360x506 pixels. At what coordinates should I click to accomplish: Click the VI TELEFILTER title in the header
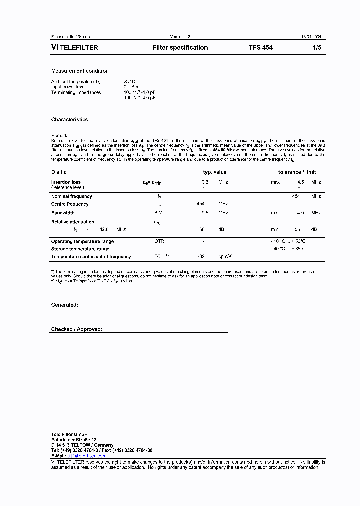click(75, 48)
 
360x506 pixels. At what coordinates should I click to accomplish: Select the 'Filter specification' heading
click(180, 48)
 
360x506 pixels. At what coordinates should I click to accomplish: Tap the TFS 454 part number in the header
click(261, 48)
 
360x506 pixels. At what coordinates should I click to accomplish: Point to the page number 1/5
click(317, 48)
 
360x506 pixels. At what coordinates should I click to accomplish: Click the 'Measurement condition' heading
click(80, 71)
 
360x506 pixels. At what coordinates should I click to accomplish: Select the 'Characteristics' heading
click(69, 120)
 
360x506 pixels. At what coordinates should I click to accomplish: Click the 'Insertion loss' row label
click(66, 182)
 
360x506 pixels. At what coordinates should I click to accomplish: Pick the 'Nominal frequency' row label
click(71, 196)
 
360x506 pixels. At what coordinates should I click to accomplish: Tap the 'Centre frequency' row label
click(70, 204)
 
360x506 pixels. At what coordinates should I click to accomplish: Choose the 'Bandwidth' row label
click(63, 213)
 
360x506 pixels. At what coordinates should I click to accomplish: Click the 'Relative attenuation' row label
click(72, 222)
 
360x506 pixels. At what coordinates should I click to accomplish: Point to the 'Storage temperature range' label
click(80, 249)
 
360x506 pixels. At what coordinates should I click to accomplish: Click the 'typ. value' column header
click(215, 172)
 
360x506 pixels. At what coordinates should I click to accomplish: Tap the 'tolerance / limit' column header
click(297, 172)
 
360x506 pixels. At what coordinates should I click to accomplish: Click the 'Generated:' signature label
click(64, 305)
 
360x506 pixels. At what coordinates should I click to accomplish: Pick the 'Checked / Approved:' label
click(76, 329)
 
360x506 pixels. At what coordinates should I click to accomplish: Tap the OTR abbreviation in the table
click(159, 241)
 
